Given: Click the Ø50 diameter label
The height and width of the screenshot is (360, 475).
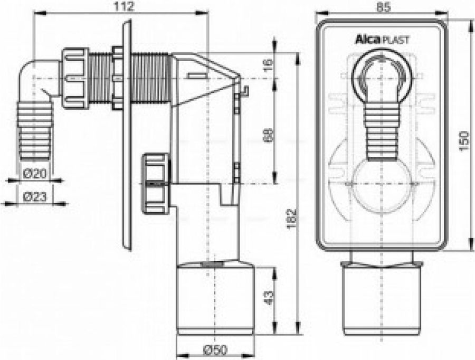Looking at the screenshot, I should (215, 349).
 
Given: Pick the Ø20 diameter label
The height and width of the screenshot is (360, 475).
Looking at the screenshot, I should (35, 172).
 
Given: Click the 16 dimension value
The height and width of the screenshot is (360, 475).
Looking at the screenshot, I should (268, 65).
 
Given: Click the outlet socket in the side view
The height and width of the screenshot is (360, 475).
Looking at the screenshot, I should (215, 298).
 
